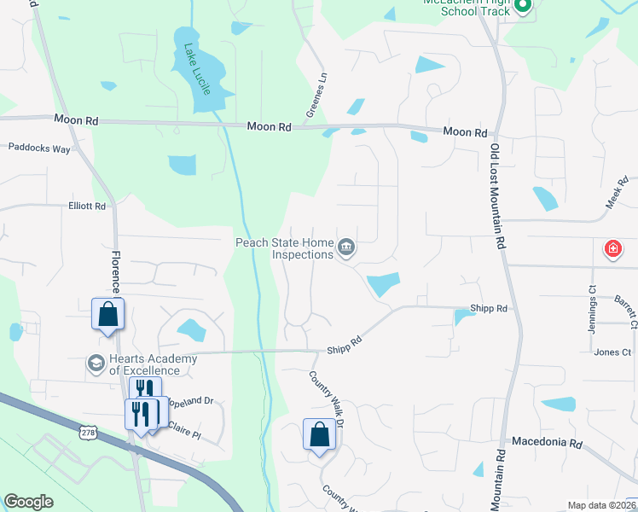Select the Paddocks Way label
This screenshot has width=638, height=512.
point(39,148)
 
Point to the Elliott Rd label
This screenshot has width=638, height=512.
point(87,207)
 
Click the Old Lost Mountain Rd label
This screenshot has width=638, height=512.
point(498,195)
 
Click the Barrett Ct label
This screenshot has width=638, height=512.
point(624,311)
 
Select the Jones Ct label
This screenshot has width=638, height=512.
point(612,352)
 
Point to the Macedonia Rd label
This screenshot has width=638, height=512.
point(546,444)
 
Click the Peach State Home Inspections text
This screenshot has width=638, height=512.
point(285,248)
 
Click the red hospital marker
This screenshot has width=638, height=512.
point(612,249)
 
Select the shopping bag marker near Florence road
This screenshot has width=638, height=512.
point(108,314)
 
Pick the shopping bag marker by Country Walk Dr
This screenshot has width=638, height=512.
point(319,434)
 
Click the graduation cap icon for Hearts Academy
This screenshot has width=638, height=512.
point(95,364)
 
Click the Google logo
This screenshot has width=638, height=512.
point(28,502)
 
